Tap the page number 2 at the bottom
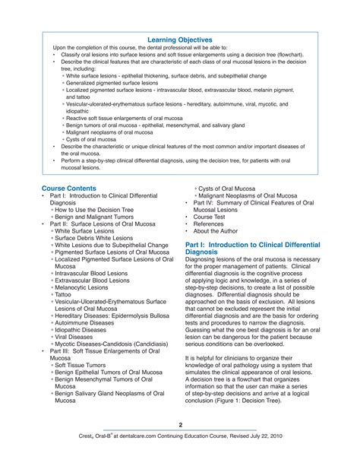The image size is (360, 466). [x=180, y=424]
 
